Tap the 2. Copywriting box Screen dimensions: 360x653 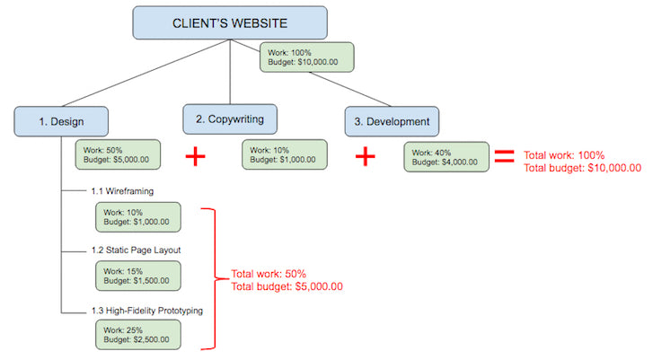click(229, 119)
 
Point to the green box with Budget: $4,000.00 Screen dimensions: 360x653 click(446, 156)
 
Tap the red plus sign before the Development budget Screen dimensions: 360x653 click(364, 156)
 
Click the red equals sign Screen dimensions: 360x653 click(505, 155)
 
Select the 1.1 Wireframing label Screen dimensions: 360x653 click(122, 190)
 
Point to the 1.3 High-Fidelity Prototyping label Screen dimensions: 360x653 click(146, 311)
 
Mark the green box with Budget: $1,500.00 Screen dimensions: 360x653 click(138, 276)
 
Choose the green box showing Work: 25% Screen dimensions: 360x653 click(138, 334)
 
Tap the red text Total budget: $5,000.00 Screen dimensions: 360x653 click(287, 286)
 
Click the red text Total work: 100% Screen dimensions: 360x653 click(564, 154)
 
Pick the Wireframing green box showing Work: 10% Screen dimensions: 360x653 click(138, 215)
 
